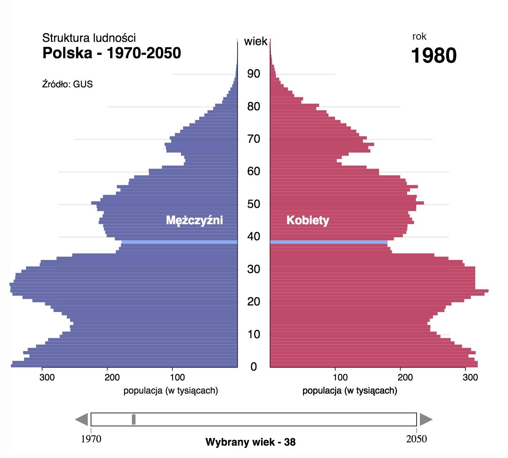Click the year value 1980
[433, 56]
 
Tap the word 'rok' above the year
[419, 36]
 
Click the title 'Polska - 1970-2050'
[111, 53]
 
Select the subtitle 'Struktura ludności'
[89, 38]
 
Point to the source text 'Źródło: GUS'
[67, 84]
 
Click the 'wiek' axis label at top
[256, 42]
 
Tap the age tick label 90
[253, 74]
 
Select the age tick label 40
[253, 237]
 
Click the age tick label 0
[253, 367]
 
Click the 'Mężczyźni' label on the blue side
[194, 220]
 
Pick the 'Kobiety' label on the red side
[308, 220]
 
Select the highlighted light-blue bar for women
[328, 242]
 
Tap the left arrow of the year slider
[82, 419]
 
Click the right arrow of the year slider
[425, 419]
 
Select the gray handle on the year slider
[134, 419]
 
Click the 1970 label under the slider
[91, 439]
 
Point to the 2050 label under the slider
[416, 439]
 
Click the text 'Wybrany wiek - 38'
[251, 442]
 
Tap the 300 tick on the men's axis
[47, 377]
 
